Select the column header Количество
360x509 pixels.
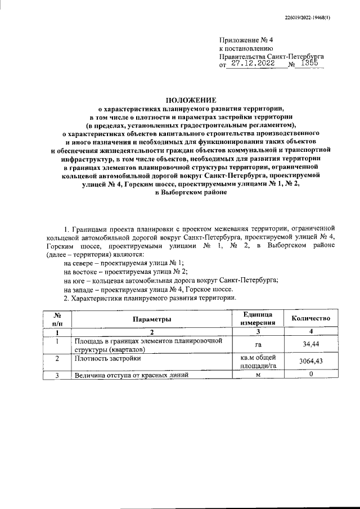pos(310,319)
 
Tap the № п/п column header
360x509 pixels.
pos(57,319)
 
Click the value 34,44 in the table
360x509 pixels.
pos(310,344)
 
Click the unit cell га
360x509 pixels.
pos(258,344)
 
